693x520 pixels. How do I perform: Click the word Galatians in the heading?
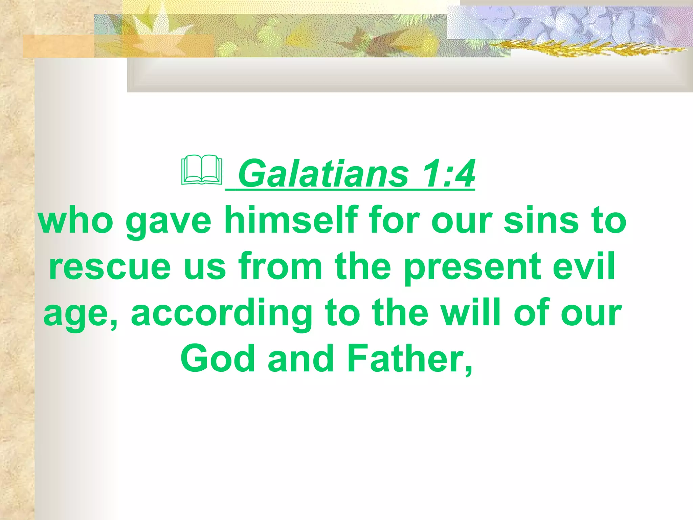click(x=323, y=174)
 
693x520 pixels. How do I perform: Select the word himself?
click(x=291, y=220)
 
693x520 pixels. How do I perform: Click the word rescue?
click(x=110, y=267)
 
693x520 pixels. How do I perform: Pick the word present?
click(x=472, y=267)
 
